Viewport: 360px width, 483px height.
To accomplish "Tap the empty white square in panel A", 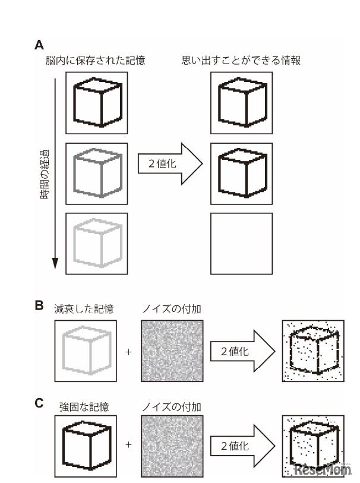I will coord(241,243).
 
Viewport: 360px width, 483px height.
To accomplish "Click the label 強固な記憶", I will coord(84,407).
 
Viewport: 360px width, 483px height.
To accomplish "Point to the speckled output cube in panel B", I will coord(311,351).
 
